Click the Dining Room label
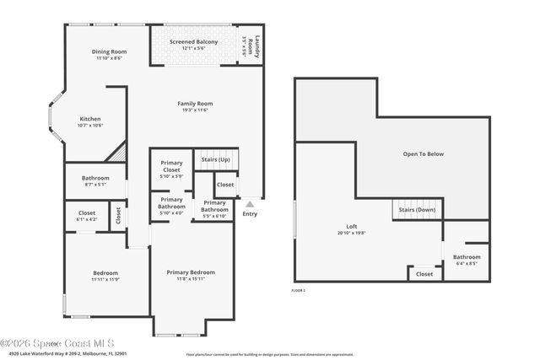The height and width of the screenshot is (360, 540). coord(109,52)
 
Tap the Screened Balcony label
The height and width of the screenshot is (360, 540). coord(193,42)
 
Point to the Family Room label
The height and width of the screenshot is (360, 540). coord(193,103)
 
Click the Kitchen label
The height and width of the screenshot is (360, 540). coord(90,119)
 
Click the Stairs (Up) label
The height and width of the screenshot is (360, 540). coord(217,159)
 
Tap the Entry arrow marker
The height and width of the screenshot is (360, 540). coord(250,203)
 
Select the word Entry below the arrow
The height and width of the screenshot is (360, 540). coord(250,213)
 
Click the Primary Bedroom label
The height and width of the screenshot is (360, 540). coord(190,272)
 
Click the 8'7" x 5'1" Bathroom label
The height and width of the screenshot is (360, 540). coord(95,178)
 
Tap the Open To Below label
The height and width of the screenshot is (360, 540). coord(424,153)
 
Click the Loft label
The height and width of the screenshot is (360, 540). coord(352,227)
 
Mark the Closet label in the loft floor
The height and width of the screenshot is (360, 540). coord(424,273)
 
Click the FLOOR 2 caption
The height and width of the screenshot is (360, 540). coord(298,290)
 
